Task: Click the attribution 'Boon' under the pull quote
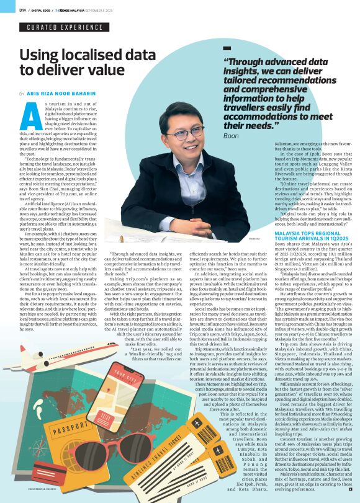[x=231, y=135]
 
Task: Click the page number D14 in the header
[x=22, y=10]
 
